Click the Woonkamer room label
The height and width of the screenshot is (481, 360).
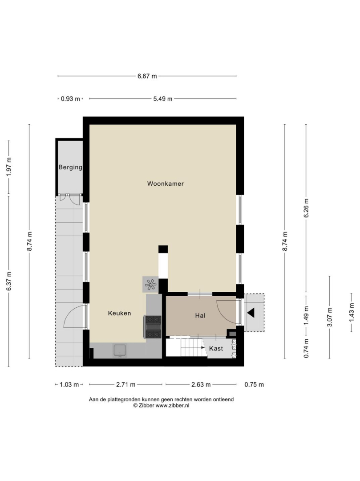pyautogui.click(x=166, y=183)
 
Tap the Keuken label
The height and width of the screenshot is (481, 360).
pyautogui.click(x=120, y=313)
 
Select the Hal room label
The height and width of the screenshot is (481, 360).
pyautogui.click(x=200, y=315)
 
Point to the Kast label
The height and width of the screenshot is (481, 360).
pyautogui.click(x=216, y=348)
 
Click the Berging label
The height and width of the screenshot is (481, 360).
pyautogui.click(x=70, y=167)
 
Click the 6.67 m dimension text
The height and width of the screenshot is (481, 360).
pyautogui.click(x=147, y=76)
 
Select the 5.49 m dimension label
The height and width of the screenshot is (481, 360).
pyautogui.click(x=163, y=99)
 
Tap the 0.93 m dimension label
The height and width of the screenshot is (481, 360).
pyautogui.click(x=70, y=99)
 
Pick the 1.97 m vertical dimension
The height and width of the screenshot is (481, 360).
pyautogui.click(x=9, y=167)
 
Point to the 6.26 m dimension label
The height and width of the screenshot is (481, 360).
pyautogui.click(x=307, y=208)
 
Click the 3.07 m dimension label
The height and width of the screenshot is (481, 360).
pyautogui.click(x=330, y=317)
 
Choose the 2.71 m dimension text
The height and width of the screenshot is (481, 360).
pyautogui.click(x=125, y=384)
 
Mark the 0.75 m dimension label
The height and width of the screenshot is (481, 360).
pyautogui.click(x=254, y=384)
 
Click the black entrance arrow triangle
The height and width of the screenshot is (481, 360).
pyautogui.click(x=251, y=313)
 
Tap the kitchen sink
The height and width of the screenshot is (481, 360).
pyautogui.click(x=120, y=351)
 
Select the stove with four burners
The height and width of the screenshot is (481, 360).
pyautogui.click(x=153, y=327)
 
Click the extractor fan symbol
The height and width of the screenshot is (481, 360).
pyautogui.click(x=150, y=285)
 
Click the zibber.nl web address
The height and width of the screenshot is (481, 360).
pyautogui.click(x=172, y=405)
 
